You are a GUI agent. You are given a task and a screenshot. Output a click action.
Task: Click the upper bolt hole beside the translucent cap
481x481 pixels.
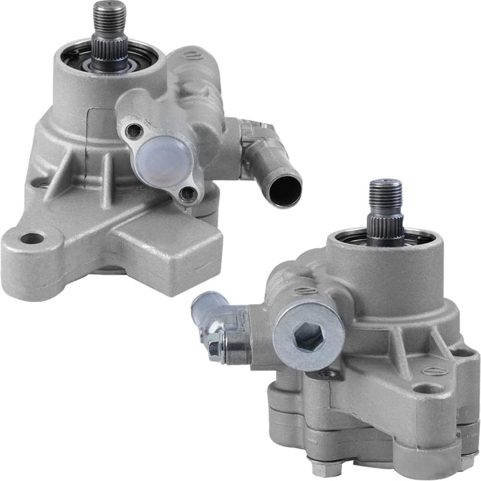tap(134, 131)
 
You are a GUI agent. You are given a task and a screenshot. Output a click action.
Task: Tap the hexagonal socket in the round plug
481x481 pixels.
tap(308, 335)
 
